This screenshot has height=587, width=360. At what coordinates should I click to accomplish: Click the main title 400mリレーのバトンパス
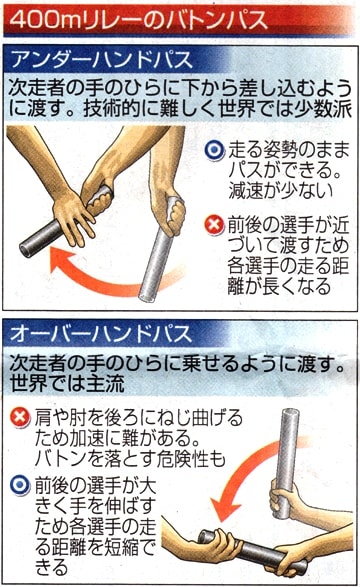point(138,20)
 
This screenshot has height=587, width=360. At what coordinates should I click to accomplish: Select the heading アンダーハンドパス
point(102,60)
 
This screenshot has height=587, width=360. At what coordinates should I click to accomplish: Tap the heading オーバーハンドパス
point(101,333)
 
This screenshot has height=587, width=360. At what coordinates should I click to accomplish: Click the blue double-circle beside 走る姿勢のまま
point(214,150)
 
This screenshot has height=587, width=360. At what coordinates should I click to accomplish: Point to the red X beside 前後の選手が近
point(214,225)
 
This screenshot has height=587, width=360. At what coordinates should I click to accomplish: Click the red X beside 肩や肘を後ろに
point(20,418)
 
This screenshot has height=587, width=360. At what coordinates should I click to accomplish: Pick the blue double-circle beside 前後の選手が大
point(20,486)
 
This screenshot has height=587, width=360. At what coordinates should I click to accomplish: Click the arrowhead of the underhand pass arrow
point(61,261)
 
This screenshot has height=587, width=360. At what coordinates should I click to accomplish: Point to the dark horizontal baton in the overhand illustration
point(254,551)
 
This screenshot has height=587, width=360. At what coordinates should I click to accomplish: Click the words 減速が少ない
point(281,191)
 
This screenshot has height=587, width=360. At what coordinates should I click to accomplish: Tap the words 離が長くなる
point(280,287)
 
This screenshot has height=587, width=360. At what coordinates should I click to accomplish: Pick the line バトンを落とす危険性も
point(130,459)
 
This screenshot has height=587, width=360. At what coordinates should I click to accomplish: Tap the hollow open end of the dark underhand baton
point(25,250)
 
